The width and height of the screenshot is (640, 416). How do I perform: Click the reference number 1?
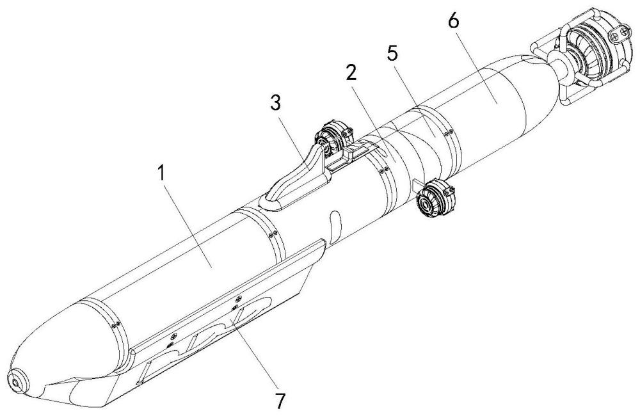[163, 173]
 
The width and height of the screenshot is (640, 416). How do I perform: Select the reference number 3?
[276, 103]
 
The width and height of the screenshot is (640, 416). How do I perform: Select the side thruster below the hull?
[435, 197]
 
